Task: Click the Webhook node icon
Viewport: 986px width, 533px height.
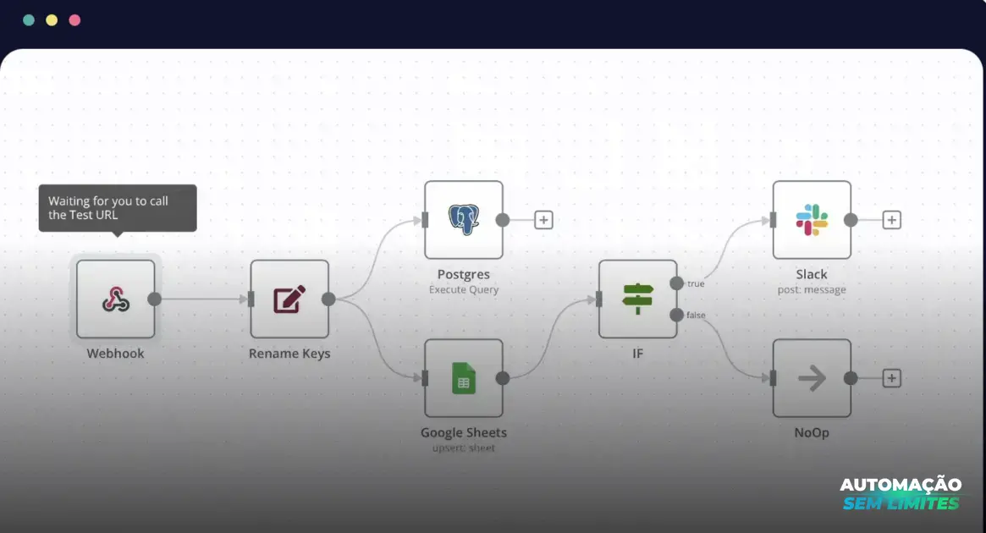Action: coord(116,299)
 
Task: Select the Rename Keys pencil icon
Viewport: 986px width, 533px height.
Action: coord(289,299)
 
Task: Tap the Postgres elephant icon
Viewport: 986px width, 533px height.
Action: coord(464,220)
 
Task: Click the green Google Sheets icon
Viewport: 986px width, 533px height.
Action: coord(464,378)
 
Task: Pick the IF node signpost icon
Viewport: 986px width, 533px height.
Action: coord(637,299)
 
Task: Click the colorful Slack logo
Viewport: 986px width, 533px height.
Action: coord(812,220)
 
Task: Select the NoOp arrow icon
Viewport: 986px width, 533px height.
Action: coord(812,378)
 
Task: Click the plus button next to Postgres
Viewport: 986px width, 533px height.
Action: coord(543,220)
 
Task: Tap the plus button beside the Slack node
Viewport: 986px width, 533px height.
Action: coord(891,220)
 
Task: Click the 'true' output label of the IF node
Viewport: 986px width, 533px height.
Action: coord(696,283)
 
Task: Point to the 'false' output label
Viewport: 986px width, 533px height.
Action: coord(696,315)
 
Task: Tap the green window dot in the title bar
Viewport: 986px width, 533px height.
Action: coord(28,20)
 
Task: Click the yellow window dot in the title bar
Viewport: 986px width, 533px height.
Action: coord(52,20)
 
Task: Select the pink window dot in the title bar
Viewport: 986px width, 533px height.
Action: coord(74,20)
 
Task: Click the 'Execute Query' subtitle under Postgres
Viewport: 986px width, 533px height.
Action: coord(464,289)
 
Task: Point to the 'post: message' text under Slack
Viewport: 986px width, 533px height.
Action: coord(812,289)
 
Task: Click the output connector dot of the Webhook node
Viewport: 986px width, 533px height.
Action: coord(154,299)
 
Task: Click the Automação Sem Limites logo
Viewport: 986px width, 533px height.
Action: coord(901,494)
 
